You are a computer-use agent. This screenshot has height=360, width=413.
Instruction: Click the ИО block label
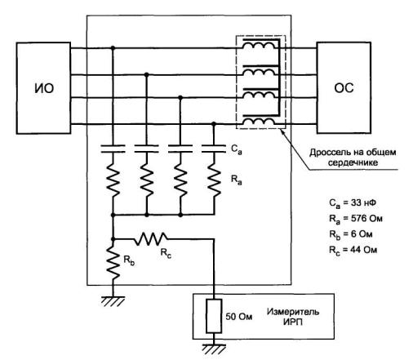coord(44,88)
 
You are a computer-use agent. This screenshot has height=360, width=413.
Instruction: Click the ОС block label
coord(344,88)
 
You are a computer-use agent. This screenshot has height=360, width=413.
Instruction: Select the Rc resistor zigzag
coord(151,239)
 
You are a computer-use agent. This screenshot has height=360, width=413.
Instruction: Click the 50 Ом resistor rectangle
coord(214,316)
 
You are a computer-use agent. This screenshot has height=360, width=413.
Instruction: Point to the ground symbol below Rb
coord(113,301)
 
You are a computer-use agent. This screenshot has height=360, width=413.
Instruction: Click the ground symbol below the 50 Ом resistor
coord(214,349)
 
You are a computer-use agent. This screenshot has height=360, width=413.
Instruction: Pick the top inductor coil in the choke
coord(259,47)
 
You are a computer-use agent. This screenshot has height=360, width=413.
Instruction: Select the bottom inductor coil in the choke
coord(259,122)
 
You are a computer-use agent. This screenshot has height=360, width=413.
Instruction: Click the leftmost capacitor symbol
coord(113,149)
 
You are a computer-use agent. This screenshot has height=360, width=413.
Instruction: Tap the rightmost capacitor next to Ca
coord(214,149)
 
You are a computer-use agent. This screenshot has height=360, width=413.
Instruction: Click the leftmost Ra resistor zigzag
coord(113,180)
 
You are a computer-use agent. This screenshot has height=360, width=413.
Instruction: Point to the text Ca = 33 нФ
coord(353,203)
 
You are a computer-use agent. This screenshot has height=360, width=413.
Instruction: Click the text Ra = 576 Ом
coord(356,219)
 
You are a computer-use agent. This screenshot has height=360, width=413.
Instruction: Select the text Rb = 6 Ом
coord(350,234)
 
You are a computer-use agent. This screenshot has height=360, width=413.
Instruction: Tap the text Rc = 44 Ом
coord(353,250)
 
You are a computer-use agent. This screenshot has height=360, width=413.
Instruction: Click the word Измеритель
coord(293,312)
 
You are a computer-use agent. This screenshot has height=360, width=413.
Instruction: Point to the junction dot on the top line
coord(113,48)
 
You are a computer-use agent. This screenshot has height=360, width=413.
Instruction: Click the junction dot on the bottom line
coord(214,124)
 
